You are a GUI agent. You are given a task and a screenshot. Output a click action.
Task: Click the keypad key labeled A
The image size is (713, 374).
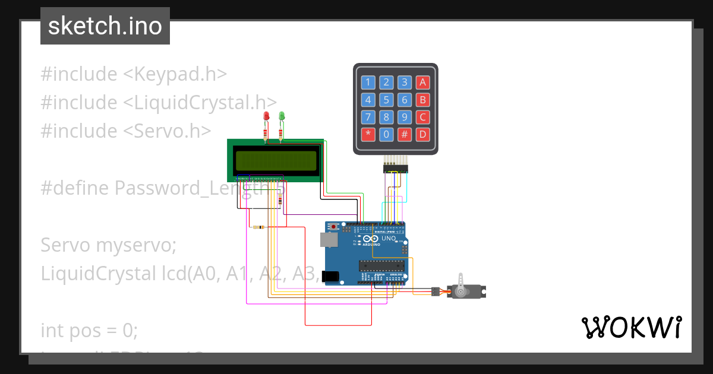coord(422,83)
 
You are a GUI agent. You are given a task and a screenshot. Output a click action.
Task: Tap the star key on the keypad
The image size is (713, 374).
coord(368,134)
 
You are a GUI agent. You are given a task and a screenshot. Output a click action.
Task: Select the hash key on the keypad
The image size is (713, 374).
coord(405,134)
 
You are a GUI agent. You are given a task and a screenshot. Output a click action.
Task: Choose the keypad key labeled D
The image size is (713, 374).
coord(422,134)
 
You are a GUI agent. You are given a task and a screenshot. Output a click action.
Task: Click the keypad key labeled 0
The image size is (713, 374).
coord(386,134)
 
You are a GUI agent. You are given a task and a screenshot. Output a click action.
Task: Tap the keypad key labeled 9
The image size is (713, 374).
coord(405,117)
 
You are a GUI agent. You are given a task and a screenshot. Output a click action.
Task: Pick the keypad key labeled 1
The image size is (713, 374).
coord(368,83)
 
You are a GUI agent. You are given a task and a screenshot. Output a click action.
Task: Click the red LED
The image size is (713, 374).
coord(266,116)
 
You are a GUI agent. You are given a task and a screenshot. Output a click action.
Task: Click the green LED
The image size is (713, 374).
coord(282,116)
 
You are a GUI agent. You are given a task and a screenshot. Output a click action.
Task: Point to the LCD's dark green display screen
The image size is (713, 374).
coord(276,160)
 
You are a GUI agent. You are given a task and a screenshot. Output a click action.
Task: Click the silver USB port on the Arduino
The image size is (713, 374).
coord(327,239)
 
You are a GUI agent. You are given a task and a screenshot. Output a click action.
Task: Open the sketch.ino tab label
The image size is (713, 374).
coord(105,26)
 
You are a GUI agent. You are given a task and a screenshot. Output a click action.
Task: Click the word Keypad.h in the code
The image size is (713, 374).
coord(181,74)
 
